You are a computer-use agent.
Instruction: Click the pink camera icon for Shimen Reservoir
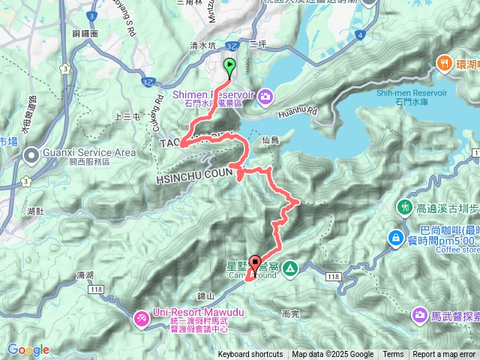coord(268,96)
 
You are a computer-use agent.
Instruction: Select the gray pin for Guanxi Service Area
coord(31,156)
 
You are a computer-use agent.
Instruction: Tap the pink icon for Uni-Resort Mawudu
coord(142,319)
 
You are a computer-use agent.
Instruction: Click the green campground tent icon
coord(290,268)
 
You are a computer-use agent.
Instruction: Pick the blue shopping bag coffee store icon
coord(394,238)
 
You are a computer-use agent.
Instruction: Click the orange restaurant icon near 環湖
coord(444,64)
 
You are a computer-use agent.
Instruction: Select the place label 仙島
coord(271,140)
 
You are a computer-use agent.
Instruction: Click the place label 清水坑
coord(202,45)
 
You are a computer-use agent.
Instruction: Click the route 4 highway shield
coord(361,34)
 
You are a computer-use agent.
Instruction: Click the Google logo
coord(28,349)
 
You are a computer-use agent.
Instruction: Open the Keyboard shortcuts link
coord(250,355)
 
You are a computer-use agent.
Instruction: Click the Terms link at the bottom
coord(393,355)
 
